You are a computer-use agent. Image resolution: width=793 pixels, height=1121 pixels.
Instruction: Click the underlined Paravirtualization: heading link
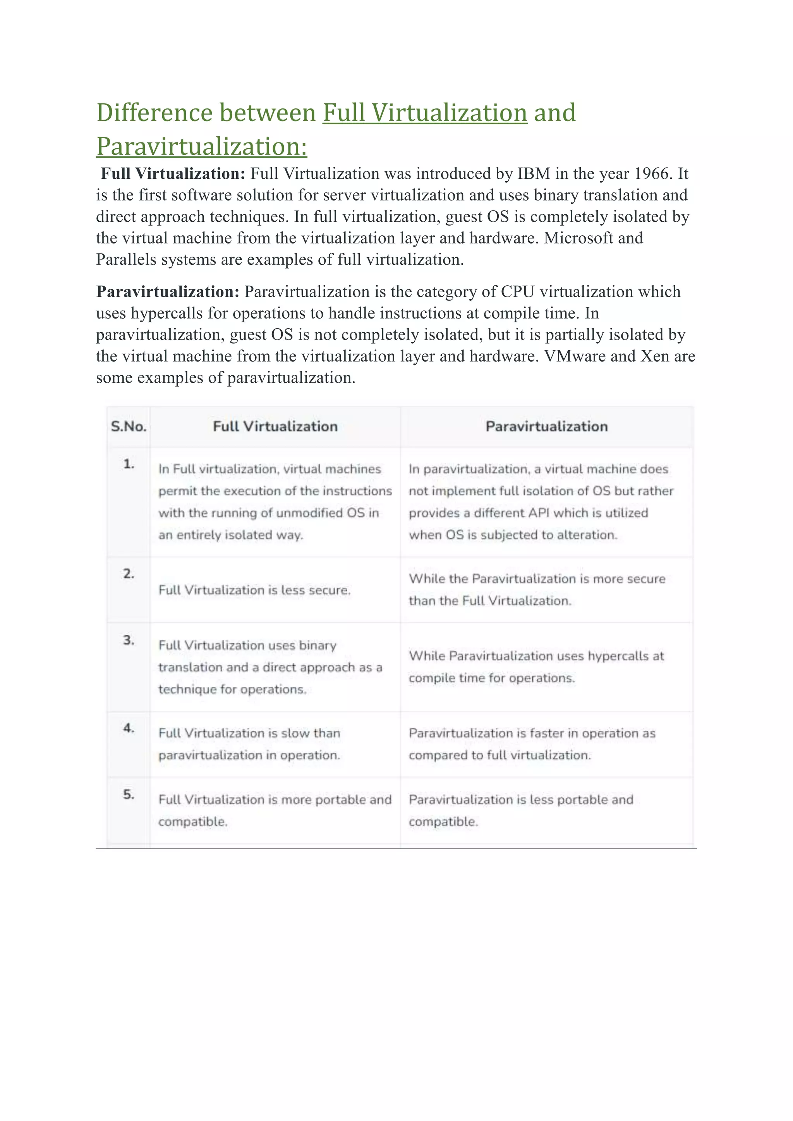click(202, 146)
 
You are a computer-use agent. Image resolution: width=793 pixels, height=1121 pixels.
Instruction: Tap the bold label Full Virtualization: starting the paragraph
click(173, 174)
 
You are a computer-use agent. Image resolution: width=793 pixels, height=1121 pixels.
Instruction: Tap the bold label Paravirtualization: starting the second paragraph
click(168, 292)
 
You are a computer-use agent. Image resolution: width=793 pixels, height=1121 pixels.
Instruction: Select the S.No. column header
click(129, 427)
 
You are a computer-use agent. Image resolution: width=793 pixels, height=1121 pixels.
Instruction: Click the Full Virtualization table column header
click(275, 427)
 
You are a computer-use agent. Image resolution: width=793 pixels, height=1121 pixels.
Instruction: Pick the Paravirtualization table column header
click(546, 427)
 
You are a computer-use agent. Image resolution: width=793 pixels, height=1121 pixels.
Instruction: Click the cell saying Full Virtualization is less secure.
click(254, 590)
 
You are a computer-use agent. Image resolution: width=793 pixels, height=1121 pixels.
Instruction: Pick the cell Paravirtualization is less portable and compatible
click(520, 811)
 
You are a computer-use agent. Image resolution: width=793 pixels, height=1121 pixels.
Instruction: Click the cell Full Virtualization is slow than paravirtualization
click(249, 744)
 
